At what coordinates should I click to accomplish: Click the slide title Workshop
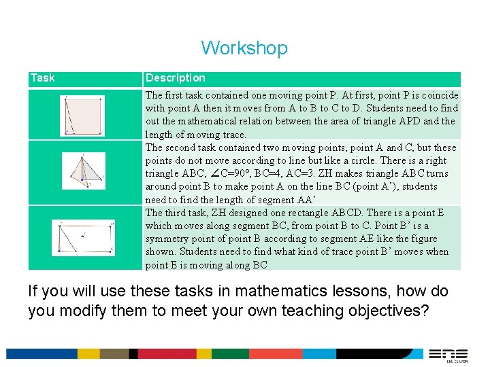[244, 48]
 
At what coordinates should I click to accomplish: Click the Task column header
[42, 78]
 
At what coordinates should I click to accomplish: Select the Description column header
[175, 78]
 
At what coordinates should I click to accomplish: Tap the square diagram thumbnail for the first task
[84, 116]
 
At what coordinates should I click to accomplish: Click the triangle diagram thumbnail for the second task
[84, 170]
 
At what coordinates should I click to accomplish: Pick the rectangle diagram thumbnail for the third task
[84, 237]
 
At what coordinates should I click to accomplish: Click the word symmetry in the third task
[167, 239]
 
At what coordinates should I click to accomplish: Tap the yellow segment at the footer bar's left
[88, 353]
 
